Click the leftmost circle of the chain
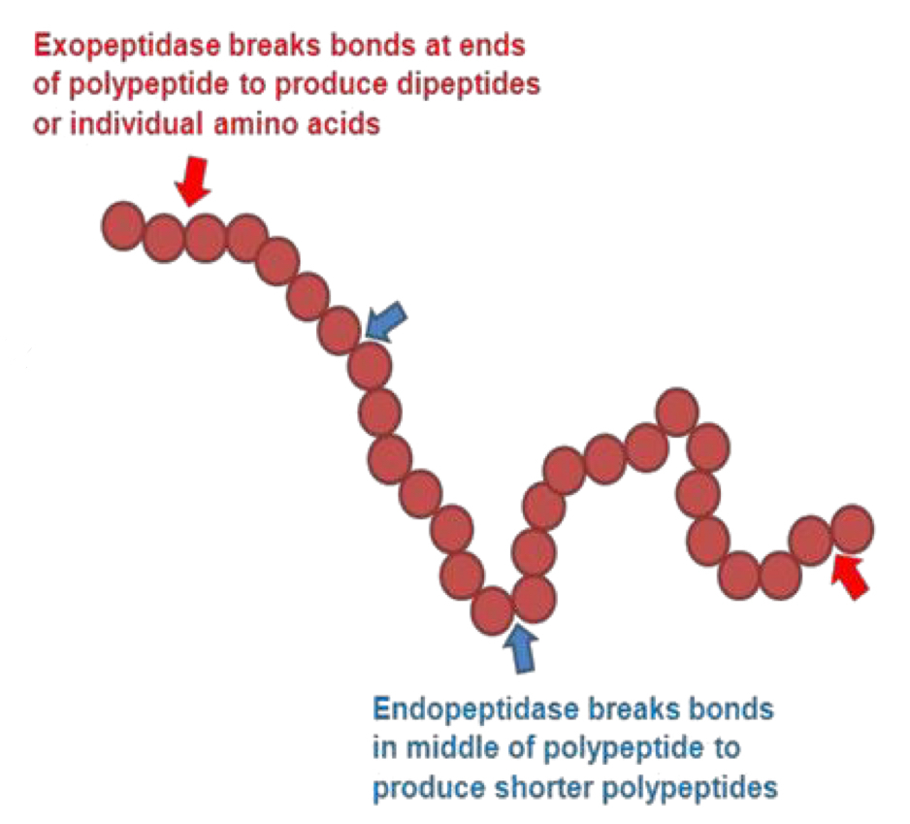(123, 225)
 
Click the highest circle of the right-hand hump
(676, 412)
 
